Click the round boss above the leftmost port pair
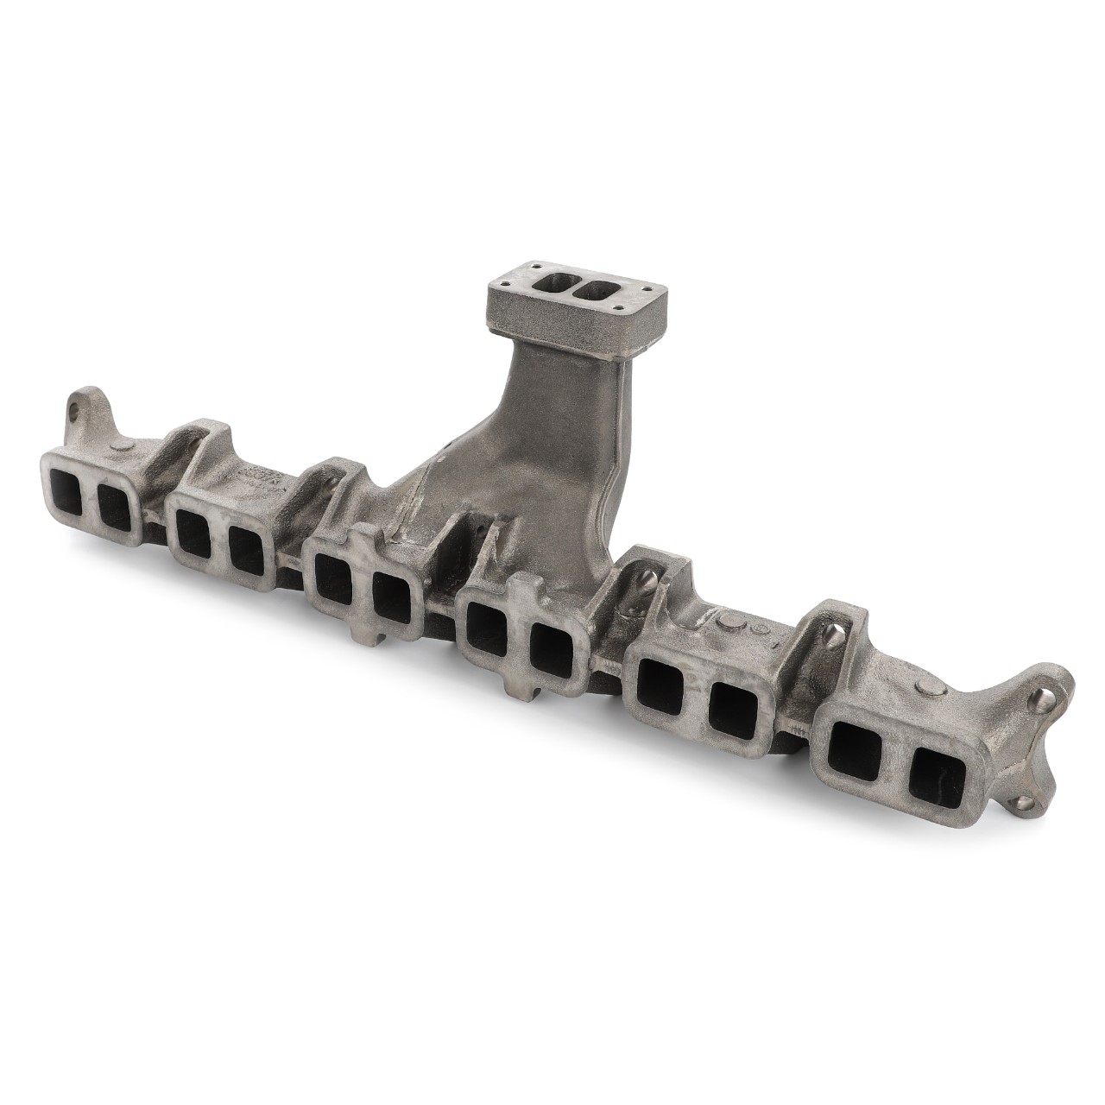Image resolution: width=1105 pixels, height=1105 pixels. (121, 445)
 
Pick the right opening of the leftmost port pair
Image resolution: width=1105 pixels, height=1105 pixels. (115, 509)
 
